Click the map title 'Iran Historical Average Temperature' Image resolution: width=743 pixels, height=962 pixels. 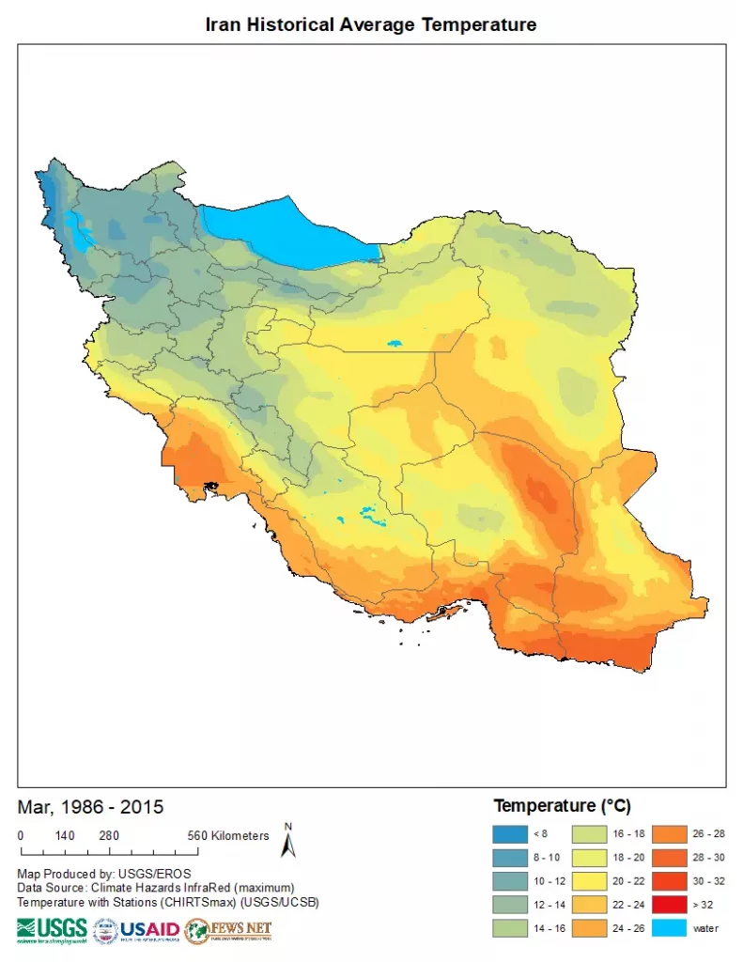[371, 24]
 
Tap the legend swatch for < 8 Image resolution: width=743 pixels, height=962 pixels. [509, 833]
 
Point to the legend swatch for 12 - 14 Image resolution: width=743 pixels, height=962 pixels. [509, 905]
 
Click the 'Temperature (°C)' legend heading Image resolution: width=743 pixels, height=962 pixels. [562, 806]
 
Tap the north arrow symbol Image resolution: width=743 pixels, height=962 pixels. [288, 842]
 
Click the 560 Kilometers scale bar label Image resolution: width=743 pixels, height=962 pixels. [228, 836]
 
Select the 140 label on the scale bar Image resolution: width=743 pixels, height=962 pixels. [65, 836]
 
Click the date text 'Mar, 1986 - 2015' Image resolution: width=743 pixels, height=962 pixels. [90, 807]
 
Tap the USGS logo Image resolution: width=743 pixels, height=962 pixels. [52, 930]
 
